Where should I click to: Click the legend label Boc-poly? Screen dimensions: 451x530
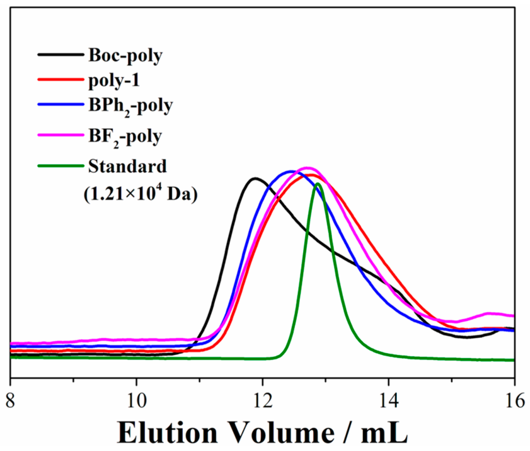click(x=125, y=55)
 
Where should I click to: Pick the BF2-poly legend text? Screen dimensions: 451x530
click(x=125, y=137)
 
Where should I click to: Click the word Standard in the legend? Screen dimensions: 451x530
click(x=127, y=166)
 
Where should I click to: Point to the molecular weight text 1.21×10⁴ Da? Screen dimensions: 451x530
click(x=140, y=194)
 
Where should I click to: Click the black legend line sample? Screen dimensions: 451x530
click(x=60, y=54)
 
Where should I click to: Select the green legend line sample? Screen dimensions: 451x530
click(x=60, y=166)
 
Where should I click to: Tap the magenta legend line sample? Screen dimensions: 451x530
click(x=60, y=135)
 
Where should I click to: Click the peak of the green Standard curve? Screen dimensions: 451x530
click(x=317, y=184)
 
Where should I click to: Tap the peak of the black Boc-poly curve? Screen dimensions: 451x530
click(x=254, y=179)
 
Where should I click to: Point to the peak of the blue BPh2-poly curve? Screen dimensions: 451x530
click(x=290, y=171)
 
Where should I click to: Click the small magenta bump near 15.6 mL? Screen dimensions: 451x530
click(x=490, y=313)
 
